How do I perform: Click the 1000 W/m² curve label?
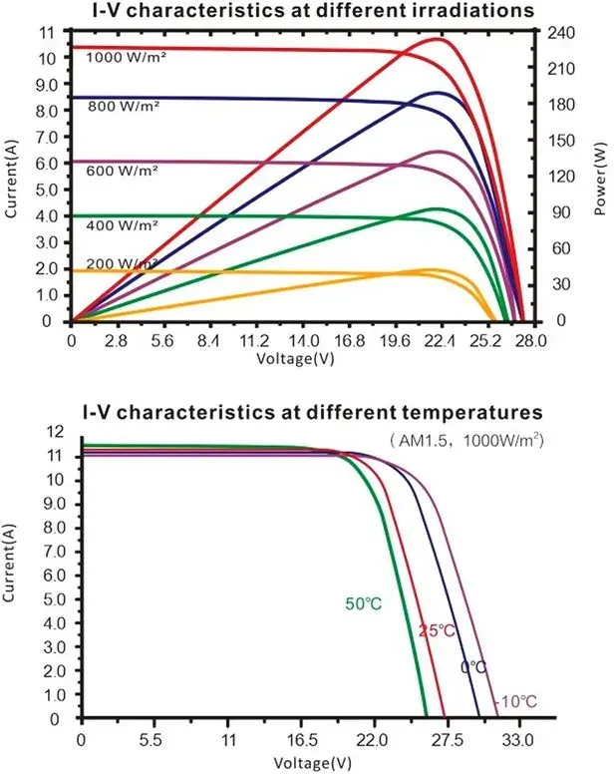pyautogui.click(x=127, y=57)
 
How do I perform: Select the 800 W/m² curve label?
pyautogui.click(x=124, y=106)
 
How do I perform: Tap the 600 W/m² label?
pyautogui.click(x=123, y=171)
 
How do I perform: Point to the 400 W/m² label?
pyautogui.click(x=123, y=225)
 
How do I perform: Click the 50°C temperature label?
pyautogui.click(x=364, y=603)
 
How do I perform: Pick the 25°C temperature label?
pyautogui.click(x=437, y=630)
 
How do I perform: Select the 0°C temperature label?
pyautogui.click(x=473, y=667)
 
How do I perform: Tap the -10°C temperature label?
pyautogui.click(x=515, y=701)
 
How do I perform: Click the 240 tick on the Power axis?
pyautogui.click(x=561, y=33)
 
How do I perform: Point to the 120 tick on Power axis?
pyautogui.click(x=561, y=177)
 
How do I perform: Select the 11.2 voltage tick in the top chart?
pyautogui.click(x=254, y=341)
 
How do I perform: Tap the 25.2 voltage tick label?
pyautogui.click(x=485, y=341)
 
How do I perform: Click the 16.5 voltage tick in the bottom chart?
pyautogui.click(x=301, y=740)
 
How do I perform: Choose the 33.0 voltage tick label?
pyautogui.click(x=518, y=740)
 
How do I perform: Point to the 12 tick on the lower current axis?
pyautogui.click(x=55, y=433)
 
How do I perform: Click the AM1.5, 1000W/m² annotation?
pyautogui.click(x=466, y=439)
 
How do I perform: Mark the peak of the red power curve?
pyautogui.click(x=437, y=38)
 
